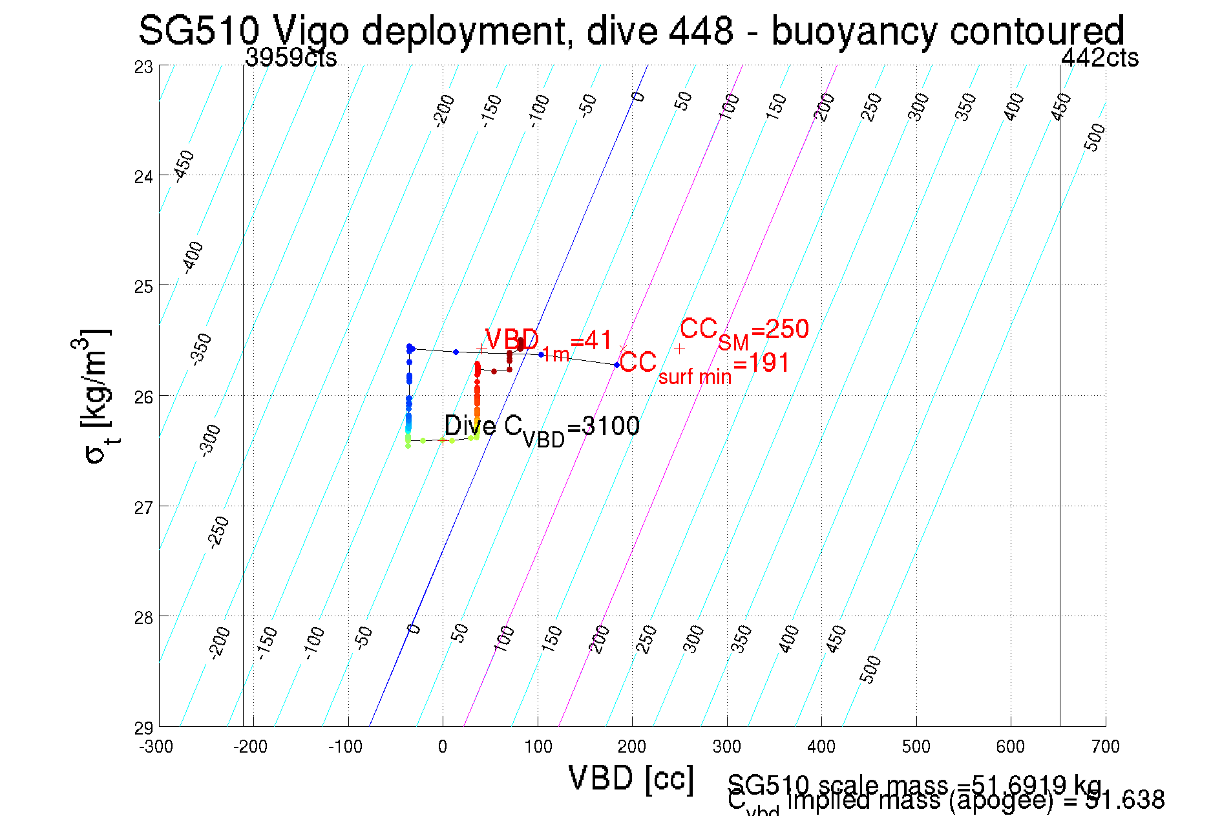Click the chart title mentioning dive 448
(x=631, y=30)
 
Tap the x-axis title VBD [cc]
(x=631, y=778)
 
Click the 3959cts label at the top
(x=291, y=58)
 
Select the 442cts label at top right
(x=1100, y=58)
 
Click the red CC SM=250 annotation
(x=744, y=331)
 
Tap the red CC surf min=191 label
(x=704, y=366)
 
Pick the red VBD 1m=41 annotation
(x=548, y=342)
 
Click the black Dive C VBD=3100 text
(x=542, y=427)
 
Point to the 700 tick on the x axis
(x=1105, y=747)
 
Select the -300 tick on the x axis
(x=156, y=747)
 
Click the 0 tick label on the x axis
(x=443, y=747)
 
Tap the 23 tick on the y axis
(x=144, y=67)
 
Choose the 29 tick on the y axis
(x=144, y=728)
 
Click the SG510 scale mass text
(x=914, y=784)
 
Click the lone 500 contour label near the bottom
(x=870, y=669)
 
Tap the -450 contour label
(x=184, y=166)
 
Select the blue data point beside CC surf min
(x=616, y=365)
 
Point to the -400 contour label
(x=193, y=257)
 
